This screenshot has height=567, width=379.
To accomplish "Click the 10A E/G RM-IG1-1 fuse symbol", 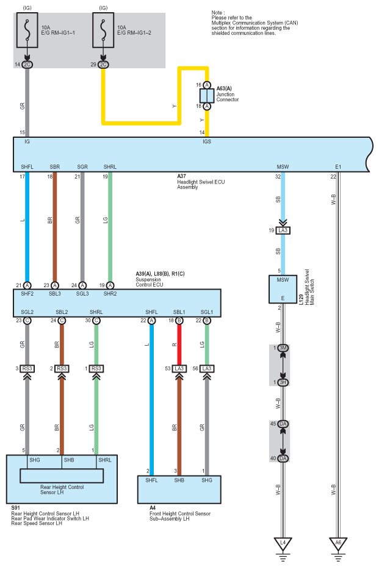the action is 27,30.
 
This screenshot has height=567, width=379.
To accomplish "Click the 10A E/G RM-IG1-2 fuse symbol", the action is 103,30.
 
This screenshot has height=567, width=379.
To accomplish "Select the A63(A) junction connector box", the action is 207,96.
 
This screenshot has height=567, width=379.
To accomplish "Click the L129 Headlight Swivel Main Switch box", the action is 283,289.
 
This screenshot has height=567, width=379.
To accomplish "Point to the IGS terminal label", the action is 207,141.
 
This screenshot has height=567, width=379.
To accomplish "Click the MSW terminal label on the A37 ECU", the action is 283,166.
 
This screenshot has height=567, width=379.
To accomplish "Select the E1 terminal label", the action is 338,166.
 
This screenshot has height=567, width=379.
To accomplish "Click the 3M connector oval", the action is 283,348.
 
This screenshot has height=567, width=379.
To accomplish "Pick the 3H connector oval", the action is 283,382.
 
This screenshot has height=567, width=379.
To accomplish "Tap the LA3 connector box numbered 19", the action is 283,230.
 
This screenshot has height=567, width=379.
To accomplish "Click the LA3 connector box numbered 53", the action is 179,368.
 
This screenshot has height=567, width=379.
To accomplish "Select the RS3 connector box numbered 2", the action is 62,368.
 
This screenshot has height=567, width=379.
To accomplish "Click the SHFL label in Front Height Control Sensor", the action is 151,480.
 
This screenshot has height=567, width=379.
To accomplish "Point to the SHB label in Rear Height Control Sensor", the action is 69,460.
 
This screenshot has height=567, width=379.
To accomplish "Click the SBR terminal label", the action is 55,166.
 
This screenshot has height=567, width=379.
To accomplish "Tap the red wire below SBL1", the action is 179,344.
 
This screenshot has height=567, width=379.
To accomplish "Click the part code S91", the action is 15,508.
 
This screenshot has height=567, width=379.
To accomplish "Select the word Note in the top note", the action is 217,13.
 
